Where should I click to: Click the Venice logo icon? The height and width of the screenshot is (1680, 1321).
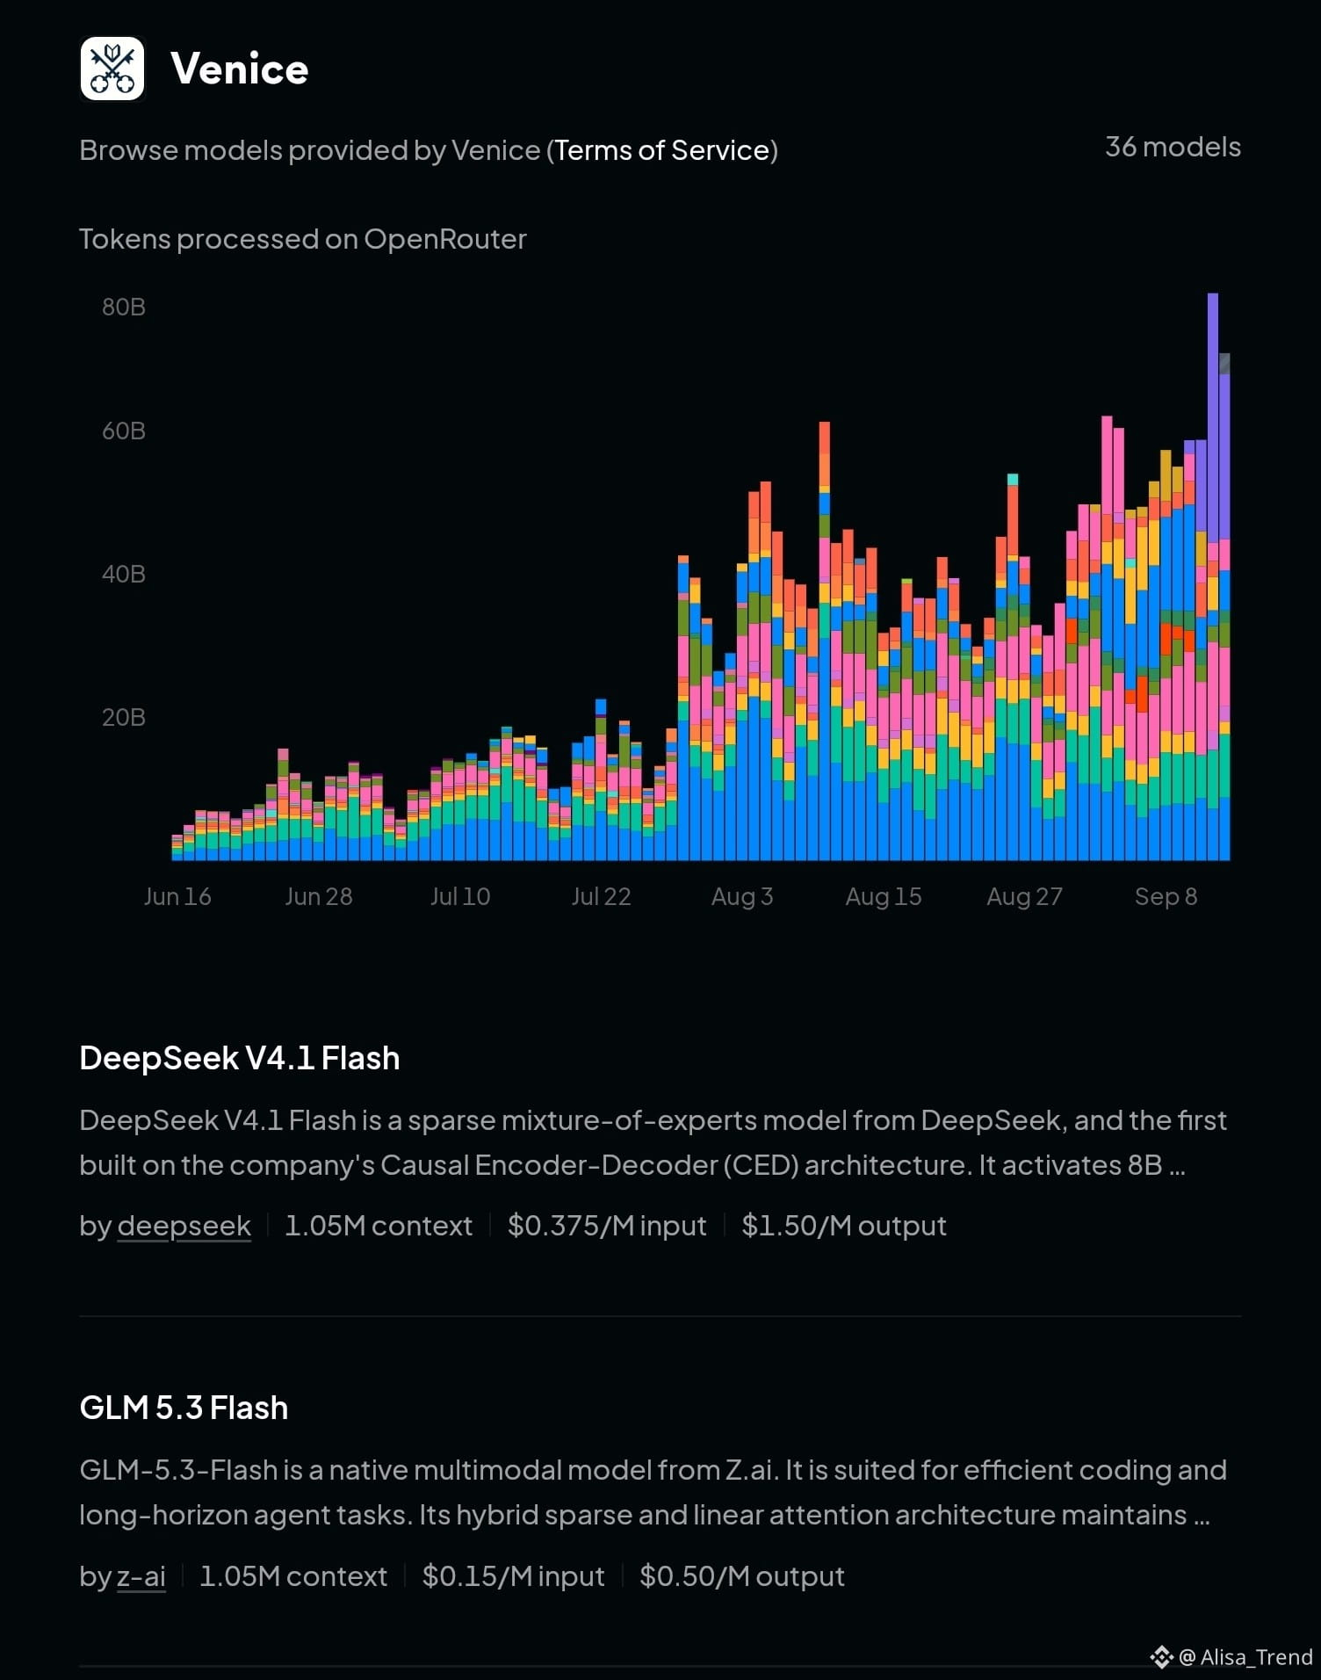pyautogui.click(x=112, y=69)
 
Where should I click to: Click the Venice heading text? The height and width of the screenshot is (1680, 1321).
pyautogui.click(x=240, y=69)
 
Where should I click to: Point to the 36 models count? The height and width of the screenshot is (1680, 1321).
pyautogui.click(x=1173, y=147)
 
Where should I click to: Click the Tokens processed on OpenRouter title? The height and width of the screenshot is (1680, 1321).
pyautogui.click(x=303, y=239)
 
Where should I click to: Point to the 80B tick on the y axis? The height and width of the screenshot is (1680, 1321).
pyautogui.click(x=124, y=307)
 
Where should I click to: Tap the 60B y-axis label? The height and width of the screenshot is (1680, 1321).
pyautogui.click(x=124, y=431)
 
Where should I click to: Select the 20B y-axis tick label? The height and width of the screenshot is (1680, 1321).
pyautogui.click(x=124, y=717)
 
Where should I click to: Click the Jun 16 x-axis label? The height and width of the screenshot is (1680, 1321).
pyautogui.click(x=177, y=896)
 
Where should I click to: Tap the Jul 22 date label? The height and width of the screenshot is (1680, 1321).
pyautogui.click(x=602, y=896)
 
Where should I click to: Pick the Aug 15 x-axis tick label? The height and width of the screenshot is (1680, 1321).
pyautogui.click(x=884, y=896)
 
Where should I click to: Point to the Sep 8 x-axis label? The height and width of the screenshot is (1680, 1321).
pyautogui.click(x=1166, y=896)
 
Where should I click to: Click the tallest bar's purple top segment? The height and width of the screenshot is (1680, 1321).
pyautogui.click(x=1213, y=413)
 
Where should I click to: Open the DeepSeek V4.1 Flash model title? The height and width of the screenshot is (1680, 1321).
pyautogui.click(x=240, y=1058)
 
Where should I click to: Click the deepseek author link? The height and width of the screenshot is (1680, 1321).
pyautogui.click(x=184, y=1226)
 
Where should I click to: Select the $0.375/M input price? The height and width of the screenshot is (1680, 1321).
pyautogui.click(x=607, y=1226)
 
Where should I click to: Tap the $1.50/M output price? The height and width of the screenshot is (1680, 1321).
pyautogui.click(x=844, y=1226)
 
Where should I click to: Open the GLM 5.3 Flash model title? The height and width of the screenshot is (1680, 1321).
pyautogui.click(x=184, y=1408)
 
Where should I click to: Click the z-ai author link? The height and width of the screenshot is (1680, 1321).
pyautogui.click(x=141, y=1576)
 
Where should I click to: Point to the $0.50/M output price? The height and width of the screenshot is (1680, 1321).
pyautogui.click(x=742, y=1576)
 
